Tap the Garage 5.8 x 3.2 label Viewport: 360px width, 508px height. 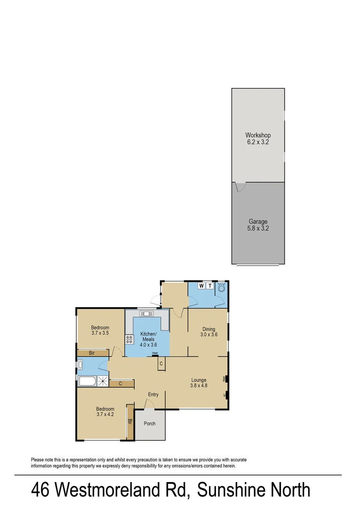pyautogui.click(x=258, y=225)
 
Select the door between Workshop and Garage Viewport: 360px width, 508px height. pyautogui.click(x=240, y=187)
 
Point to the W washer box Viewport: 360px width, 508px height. pyautogui.click(x=201, y=286)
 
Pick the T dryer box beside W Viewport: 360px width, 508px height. pyautogui.click(x=210, y=286)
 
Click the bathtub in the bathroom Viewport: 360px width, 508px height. pyautogui.click(x=88, y=381)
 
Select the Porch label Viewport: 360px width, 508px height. pyautogui.click(x=150, y=424)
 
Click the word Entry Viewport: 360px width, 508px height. pyautogui.click(x=153, y=395)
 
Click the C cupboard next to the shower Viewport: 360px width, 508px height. pyautogui.click(x=120, y=384)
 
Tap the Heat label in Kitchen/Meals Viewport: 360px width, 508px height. pyautogui.click(x=155, y=353)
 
